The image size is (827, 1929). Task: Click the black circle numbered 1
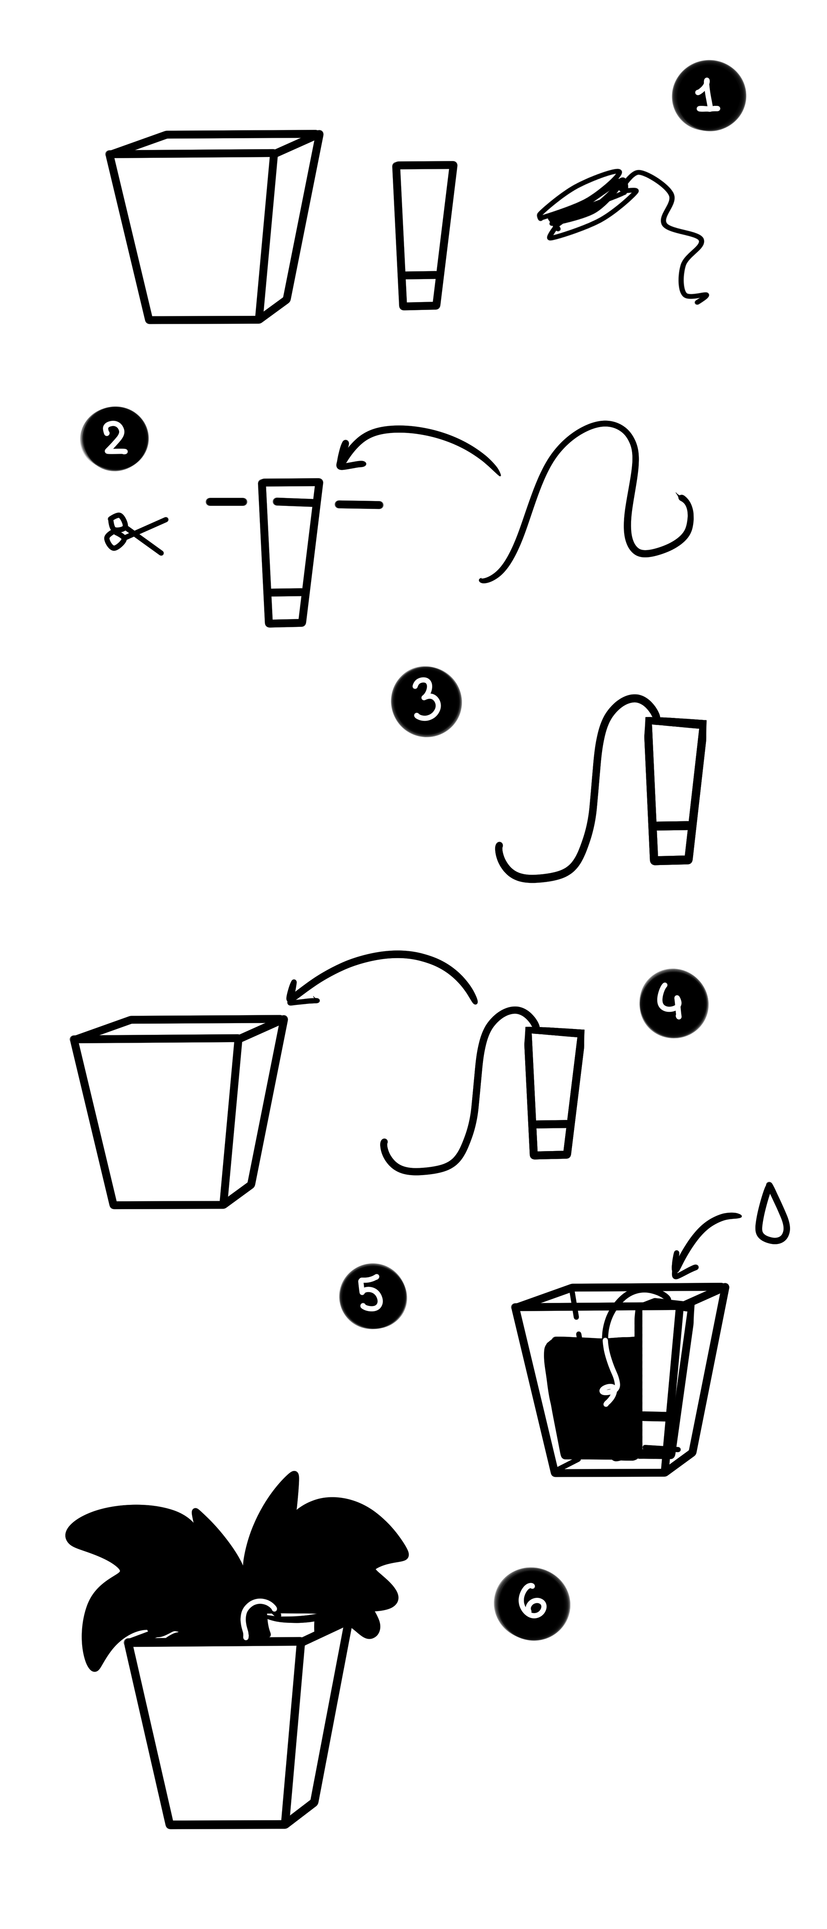pos(709,96)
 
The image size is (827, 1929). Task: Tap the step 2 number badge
pos(115,438)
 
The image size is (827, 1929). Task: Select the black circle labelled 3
pos(426,702)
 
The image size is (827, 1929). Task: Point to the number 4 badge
pos(673,1003)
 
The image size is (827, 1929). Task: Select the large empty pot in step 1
pos(214,227)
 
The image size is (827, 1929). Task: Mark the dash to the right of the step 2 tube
pos(359,505)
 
